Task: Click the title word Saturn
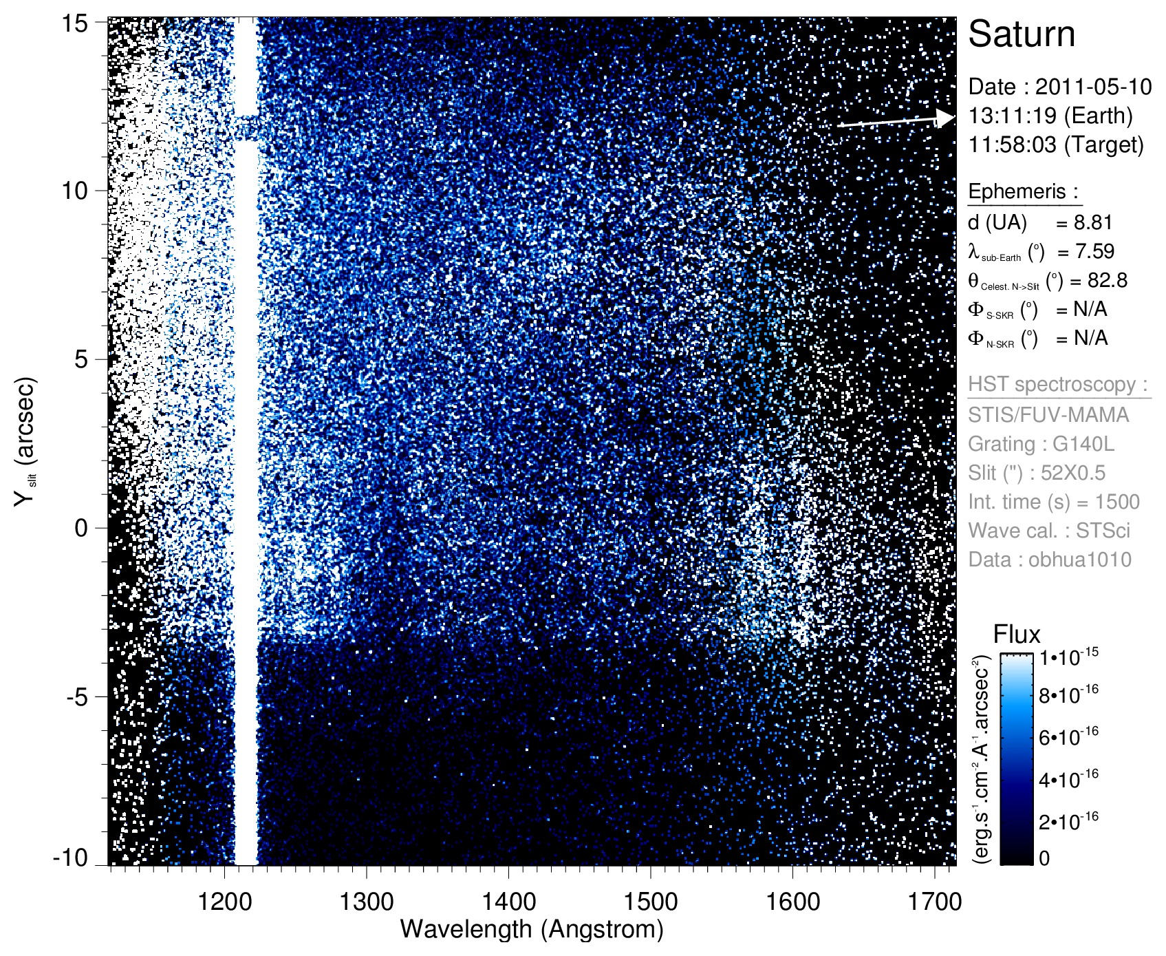pos(1021,34)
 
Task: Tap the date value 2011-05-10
pos(1093,87)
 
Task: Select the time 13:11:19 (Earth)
pos(1050,116)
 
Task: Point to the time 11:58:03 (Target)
pos(1055,145)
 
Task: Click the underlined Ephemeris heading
pos(1023,192)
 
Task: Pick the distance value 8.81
pos(1093,222)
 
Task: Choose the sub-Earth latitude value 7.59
pos(1094,251)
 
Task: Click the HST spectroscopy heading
pos(1057,384)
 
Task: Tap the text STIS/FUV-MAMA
pos(1048,415)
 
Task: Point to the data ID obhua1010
pos(1079,560)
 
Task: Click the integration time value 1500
pos(1117,502)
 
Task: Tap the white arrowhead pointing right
pos(947,118)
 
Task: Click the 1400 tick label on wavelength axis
pos(508,901)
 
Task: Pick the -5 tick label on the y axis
pos(77,697)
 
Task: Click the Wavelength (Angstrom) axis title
pos(532,929)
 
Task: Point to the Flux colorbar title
pos(1017,634)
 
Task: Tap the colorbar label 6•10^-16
pos(1068,736)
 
